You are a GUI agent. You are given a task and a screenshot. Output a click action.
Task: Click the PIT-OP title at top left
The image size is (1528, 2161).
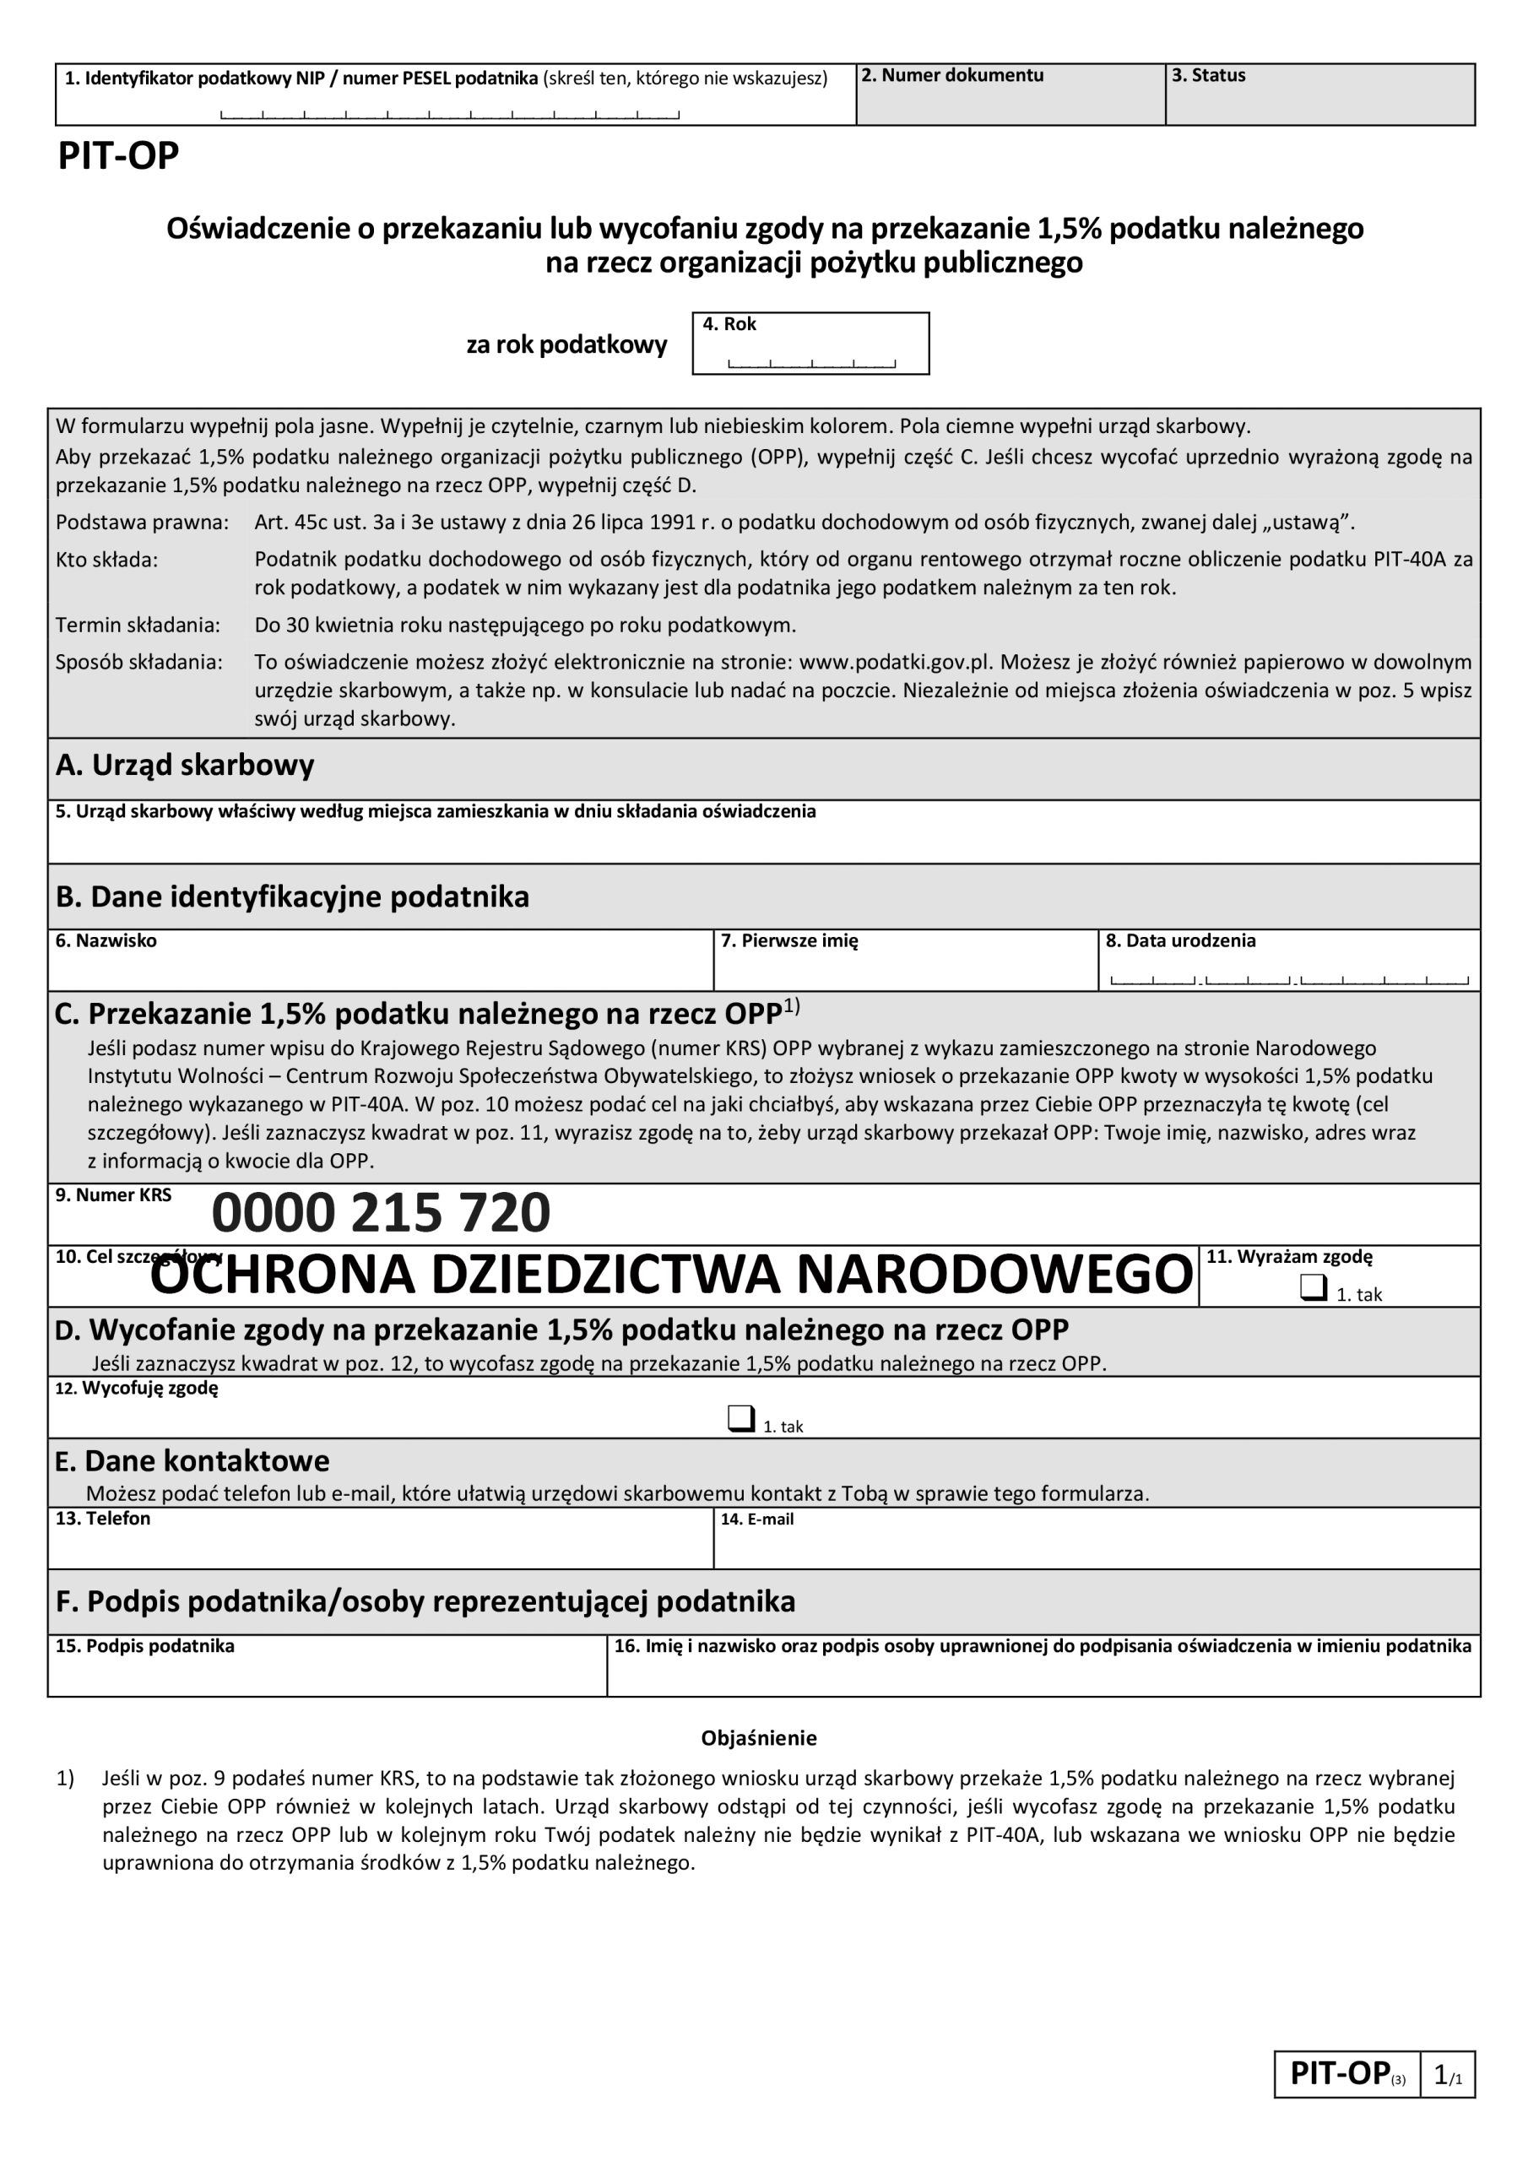point(119,156)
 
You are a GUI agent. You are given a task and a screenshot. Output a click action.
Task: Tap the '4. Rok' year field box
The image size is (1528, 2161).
point(810,344)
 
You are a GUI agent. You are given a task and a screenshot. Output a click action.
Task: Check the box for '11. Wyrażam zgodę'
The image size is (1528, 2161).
point(1313,1287)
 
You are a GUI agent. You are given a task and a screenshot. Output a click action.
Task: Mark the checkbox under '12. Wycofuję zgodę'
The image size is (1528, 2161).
point(741,1418)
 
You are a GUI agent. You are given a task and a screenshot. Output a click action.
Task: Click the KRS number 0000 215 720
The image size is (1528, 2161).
point(381,1213)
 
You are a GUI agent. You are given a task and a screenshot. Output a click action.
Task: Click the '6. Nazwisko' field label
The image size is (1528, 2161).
point(106,940)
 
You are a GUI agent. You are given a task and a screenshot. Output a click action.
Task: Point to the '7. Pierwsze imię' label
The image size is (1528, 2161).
point(789,940)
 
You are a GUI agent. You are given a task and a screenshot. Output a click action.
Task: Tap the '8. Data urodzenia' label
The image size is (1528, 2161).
point(1179,940)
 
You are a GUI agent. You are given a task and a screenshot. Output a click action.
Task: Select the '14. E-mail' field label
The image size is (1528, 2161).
point(756,1519)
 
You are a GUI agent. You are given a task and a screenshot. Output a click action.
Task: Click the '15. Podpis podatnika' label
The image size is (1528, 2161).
point(145,1646)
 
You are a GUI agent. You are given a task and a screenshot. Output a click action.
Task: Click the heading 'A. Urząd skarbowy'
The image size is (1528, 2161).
point(185,765)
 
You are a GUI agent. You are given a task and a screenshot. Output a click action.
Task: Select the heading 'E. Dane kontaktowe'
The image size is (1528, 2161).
point(192,1460)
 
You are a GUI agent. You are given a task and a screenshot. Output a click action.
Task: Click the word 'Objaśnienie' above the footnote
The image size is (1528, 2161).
point(759,1738)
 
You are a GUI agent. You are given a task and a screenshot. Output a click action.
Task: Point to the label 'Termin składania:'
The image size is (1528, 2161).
point(138,625)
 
